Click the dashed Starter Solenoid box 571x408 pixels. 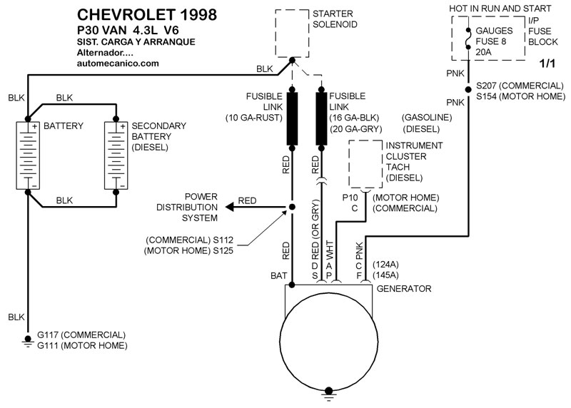point(276,34)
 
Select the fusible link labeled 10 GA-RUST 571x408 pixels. point(292,118)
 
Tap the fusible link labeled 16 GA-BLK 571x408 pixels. point(321,118)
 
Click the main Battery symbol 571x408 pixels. point(28,155)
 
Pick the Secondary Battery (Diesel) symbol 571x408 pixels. point(116,155)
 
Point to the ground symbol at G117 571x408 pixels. point(28,340)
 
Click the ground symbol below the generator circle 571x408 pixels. point(328,394)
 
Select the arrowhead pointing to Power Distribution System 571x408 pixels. point(230,207)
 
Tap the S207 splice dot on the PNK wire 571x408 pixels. point(468,90)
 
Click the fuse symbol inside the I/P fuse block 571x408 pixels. point(468,39)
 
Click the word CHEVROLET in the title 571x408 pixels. point(126,14)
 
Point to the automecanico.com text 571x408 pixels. point(118,63)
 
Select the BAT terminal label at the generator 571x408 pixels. point(278,276)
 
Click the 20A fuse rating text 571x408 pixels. point(483,52)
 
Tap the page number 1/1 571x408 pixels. point(547,63)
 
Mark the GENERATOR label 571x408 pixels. point(404,289)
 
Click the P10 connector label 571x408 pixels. point(350,198)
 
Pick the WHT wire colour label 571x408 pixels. point(329,250)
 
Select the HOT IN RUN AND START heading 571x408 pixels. point(500,9)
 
